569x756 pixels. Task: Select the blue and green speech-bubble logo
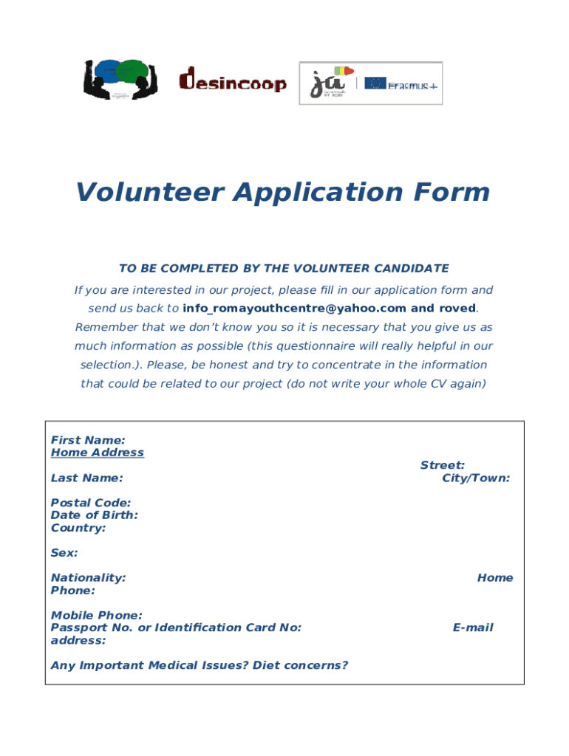[118, 79]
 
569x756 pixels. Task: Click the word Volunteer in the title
[149, 193]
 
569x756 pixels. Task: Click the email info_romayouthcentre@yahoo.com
[295, 309]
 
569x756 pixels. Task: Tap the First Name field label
[88, 440]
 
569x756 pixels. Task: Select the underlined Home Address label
[98, 453]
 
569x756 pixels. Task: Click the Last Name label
[87, 478]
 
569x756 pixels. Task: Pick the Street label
[443, 465]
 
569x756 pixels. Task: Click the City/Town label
[476, 478]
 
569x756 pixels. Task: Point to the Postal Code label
[91, 503]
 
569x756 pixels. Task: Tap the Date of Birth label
[95, 515]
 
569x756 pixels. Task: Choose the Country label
[78, 528]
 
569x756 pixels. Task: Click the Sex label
[64, 553]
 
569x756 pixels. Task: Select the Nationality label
[88, 578]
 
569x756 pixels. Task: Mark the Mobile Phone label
[97, 615]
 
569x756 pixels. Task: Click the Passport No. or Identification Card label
[176, 628]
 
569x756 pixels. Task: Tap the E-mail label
[473, 628]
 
